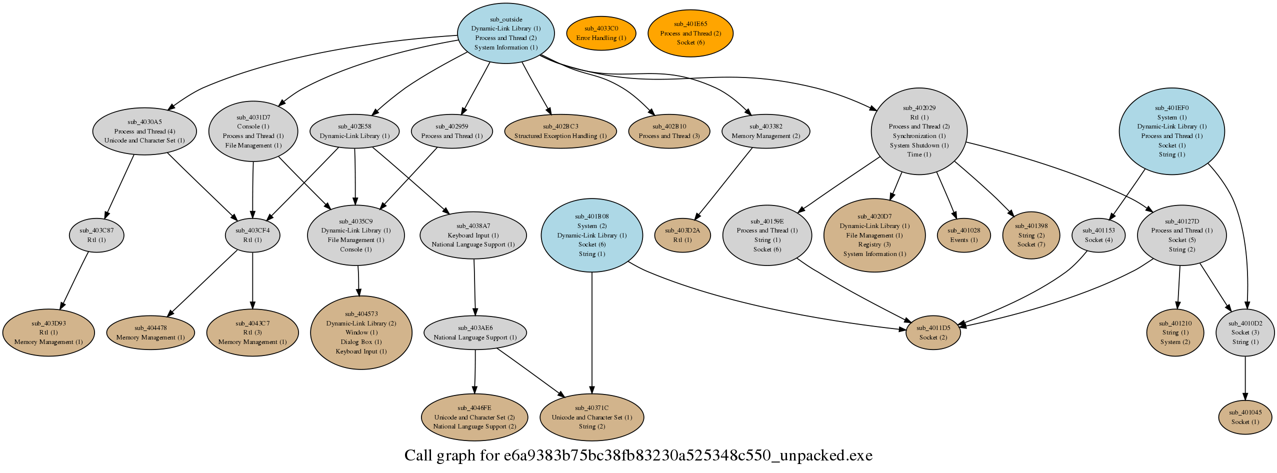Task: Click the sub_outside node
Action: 505,33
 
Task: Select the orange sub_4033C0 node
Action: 601,33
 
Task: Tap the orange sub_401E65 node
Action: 690,33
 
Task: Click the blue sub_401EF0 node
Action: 1171,131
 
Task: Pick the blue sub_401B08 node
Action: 592,235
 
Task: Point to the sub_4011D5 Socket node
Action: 933,332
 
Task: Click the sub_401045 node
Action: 1244,417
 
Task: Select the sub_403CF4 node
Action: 252,235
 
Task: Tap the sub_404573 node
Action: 361,332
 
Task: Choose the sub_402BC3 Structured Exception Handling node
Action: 560,131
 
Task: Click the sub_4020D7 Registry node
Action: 874,235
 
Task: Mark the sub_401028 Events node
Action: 963,235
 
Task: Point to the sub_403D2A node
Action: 682,235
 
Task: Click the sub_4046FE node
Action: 474,417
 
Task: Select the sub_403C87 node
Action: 96,235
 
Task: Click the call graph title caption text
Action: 638,455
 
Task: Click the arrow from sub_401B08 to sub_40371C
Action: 592,333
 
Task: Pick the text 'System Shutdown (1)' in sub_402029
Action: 919,145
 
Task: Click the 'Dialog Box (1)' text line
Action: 361,342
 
